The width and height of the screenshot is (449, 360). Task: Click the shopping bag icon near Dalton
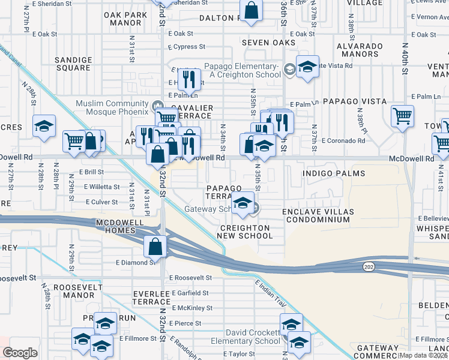251,10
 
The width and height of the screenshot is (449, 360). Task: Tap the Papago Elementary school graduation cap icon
307,67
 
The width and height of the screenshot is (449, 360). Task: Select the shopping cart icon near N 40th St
402,115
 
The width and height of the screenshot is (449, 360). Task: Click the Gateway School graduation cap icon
243,203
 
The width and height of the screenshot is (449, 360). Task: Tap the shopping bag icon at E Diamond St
155,246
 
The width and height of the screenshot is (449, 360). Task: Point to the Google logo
19,353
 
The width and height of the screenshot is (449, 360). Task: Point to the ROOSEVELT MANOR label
74,291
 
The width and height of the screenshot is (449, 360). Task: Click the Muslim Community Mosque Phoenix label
112,107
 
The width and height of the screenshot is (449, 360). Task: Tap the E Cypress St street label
187,46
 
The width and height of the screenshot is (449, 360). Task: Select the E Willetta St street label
101,187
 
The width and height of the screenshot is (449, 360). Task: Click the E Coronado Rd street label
343,141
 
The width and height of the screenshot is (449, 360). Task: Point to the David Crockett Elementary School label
253,337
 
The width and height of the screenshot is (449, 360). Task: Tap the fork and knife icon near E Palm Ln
189,79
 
